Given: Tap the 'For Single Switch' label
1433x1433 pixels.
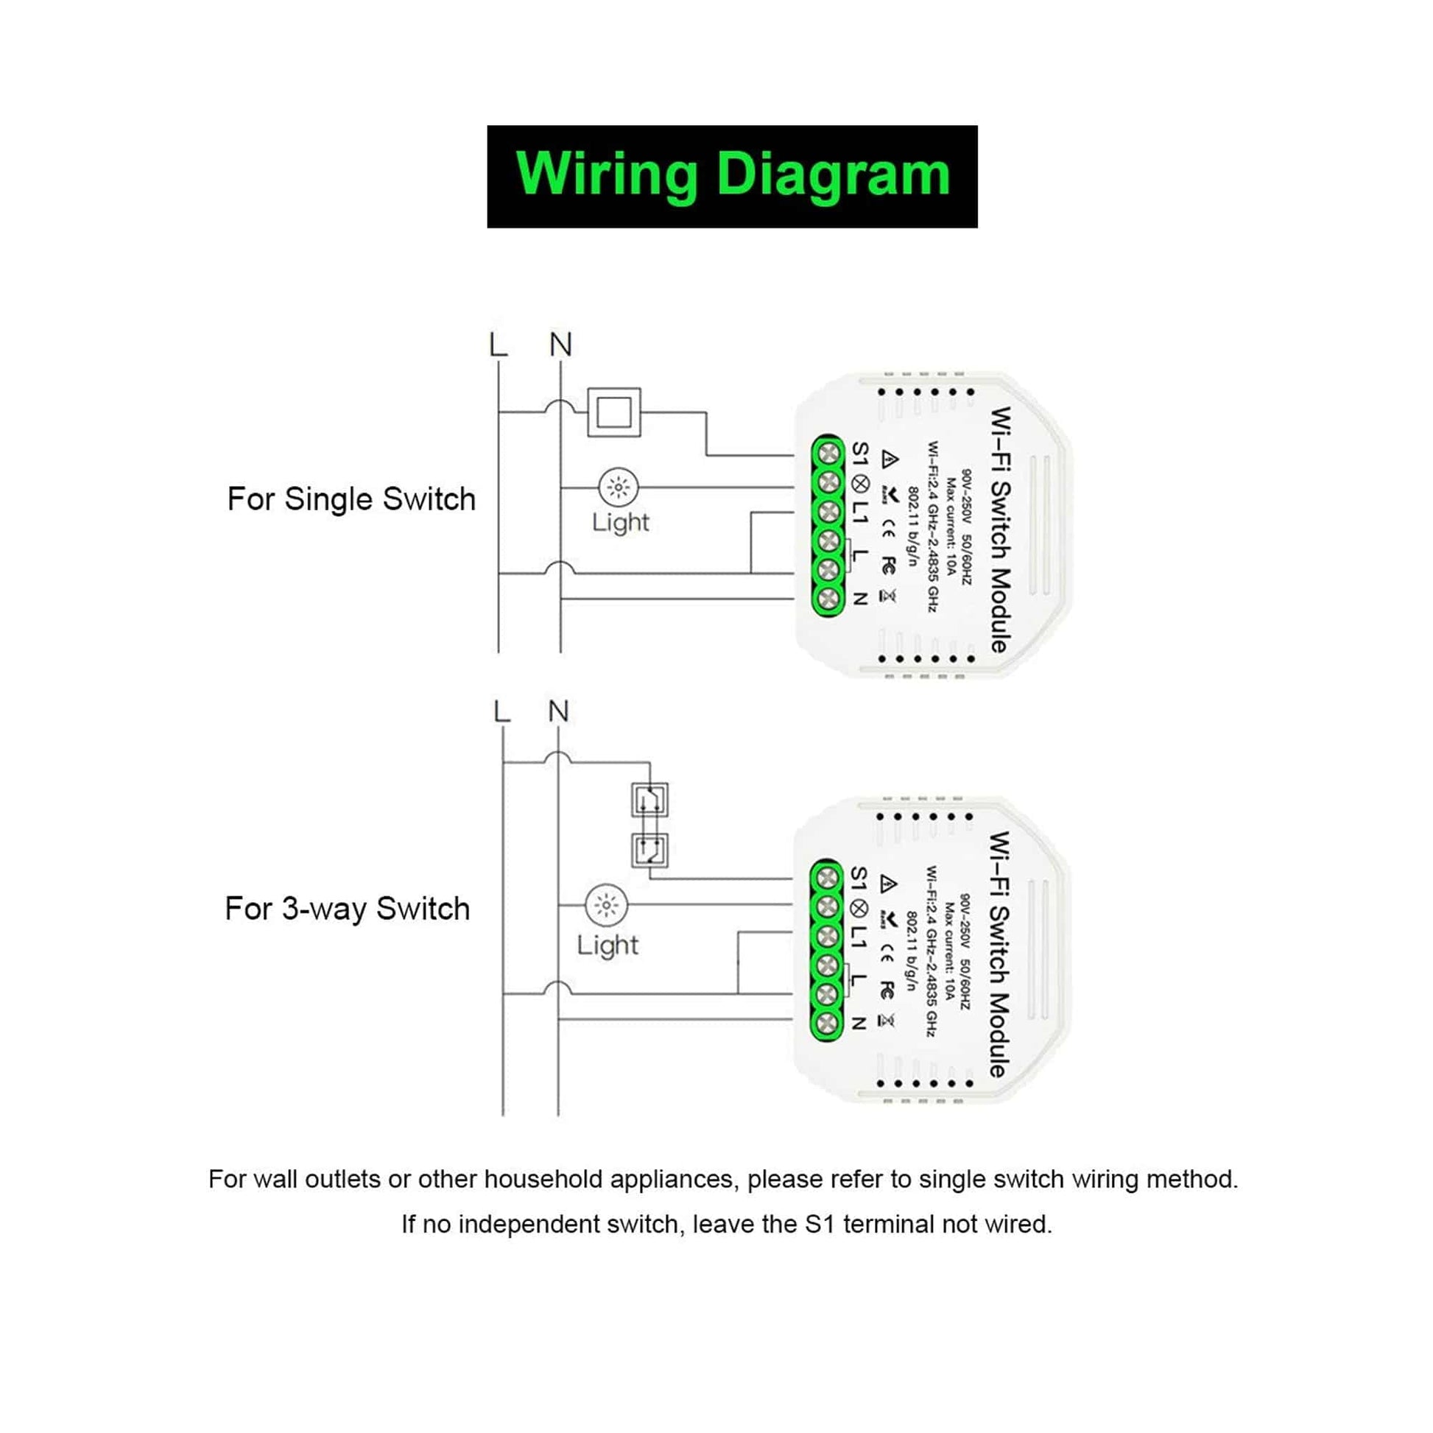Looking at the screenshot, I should click(351, 499).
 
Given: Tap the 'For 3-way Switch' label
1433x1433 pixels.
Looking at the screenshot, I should click(347, 909).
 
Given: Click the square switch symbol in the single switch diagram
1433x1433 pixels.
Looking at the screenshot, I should click(614, 412).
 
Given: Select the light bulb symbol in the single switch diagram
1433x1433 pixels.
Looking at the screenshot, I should click(618, 487).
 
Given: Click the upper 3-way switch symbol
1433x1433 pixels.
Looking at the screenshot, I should click(649, 800).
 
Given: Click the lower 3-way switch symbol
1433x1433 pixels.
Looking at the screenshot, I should click(649, 850).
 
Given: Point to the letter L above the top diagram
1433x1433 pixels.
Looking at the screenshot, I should click(499, 345).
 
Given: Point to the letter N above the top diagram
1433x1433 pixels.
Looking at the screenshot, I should click(560, 345).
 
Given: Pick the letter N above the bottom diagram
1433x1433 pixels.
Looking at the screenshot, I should click(558, 711).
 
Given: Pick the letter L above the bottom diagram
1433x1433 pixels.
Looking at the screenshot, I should click(502, 712).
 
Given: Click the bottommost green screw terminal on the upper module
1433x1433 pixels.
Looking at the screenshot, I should click(828, 597).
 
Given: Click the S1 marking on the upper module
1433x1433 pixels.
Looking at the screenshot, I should click(859, 452).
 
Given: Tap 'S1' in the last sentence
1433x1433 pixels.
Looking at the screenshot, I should click(820, 1224).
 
